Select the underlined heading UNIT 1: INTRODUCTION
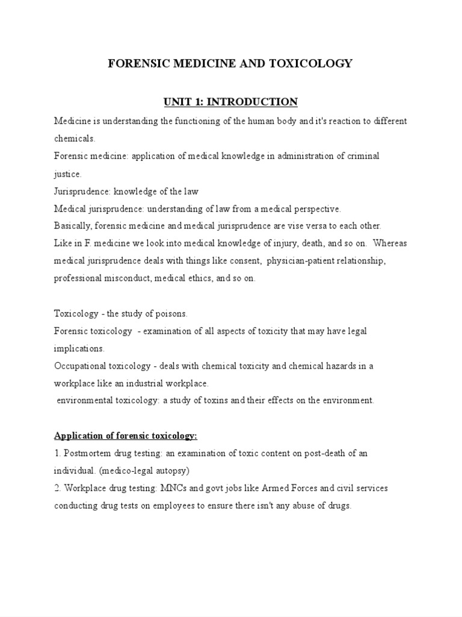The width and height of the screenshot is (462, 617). click(230, 101)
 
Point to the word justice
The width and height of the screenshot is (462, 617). click(67, 174)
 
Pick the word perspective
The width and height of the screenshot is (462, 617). click(317, 209)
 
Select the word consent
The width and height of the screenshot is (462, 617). click(244, 262)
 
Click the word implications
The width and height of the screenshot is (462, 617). click(79, 349)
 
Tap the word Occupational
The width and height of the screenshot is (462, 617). click(79, 366)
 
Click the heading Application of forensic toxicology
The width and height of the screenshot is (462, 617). click(126, 436)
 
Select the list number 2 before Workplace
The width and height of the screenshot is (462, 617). click(57, 488)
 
